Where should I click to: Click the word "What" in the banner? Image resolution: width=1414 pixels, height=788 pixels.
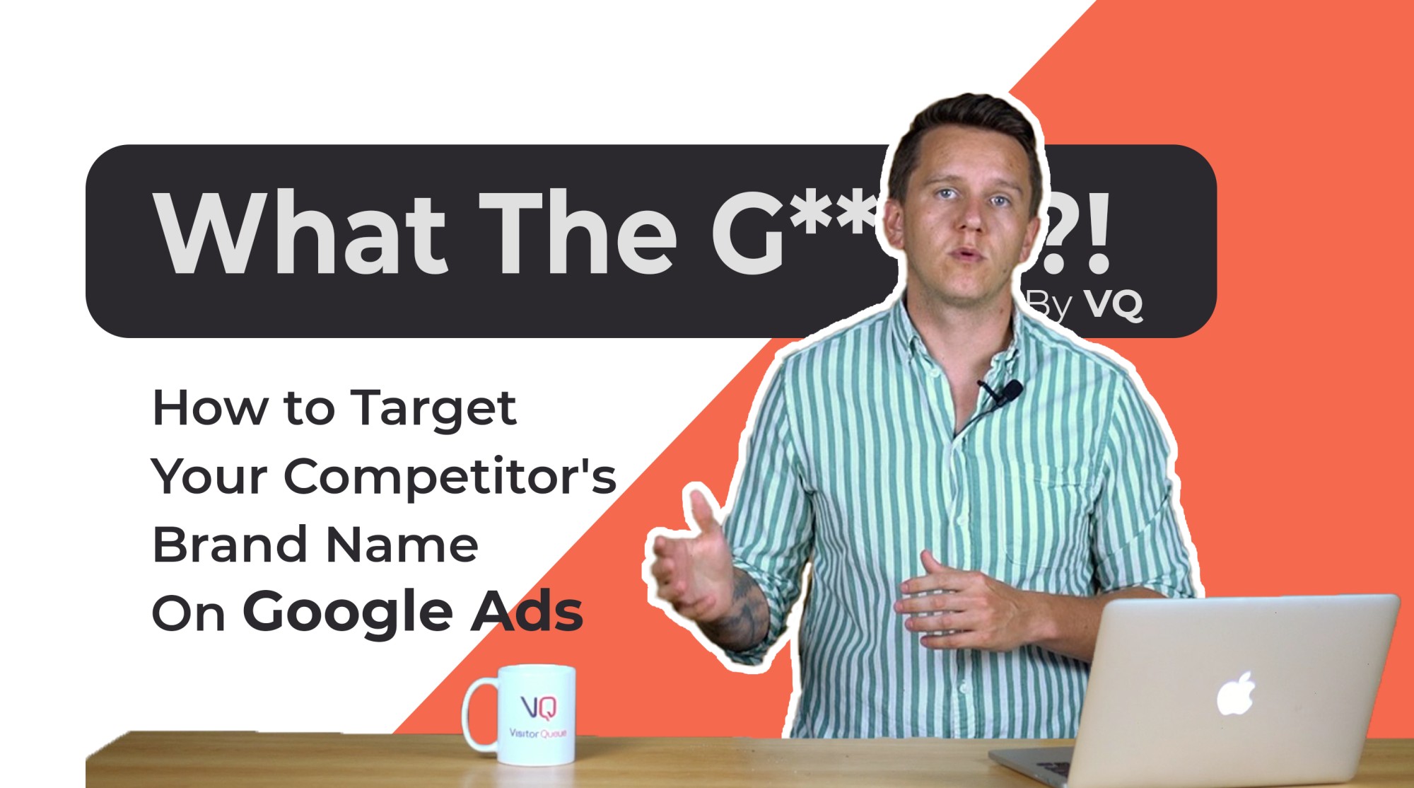(x=300, y=233)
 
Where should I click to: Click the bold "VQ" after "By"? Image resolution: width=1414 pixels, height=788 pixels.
(x=1114, y=306)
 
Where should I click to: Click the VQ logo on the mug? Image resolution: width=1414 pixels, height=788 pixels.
(x=539, y=706)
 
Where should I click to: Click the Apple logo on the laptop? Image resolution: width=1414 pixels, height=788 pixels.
(x=1235, y=694)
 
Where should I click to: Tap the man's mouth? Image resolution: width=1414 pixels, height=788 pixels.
(x=969, y=254)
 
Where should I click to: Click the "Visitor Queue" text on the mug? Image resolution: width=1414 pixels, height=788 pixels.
(x=537, y=734)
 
